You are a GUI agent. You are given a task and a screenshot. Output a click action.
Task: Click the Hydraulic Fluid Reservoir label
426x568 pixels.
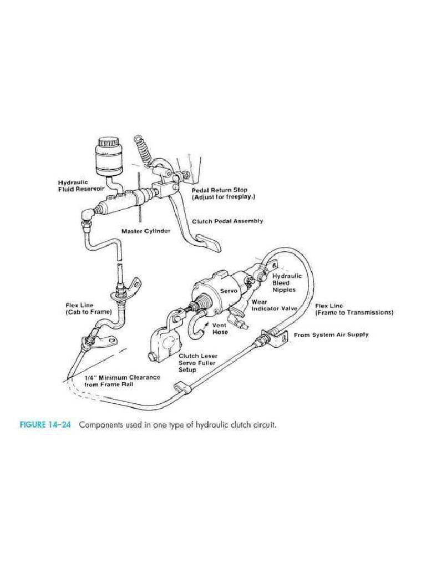click(82, 186)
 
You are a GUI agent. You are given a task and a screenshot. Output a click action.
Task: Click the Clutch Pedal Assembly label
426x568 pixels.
click(227, 221)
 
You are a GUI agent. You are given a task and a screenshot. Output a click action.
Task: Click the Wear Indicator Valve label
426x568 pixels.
click(274, 306)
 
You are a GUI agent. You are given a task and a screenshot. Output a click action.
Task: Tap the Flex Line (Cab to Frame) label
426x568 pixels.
click(88, 308)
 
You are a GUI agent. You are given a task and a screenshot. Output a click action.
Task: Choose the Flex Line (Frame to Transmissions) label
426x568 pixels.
click(354, 309)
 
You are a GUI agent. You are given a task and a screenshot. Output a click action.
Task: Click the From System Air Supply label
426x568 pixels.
click(331, 334)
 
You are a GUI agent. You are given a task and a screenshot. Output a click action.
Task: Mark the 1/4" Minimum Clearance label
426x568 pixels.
click(122, 380)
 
